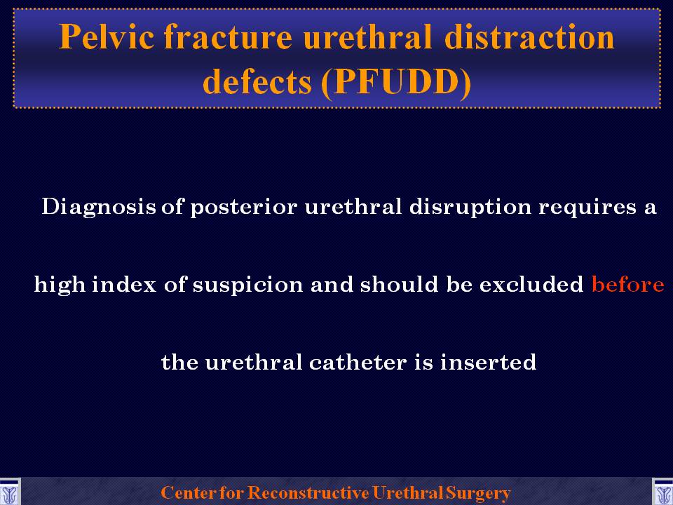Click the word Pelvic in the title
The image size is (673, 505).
point(107,37)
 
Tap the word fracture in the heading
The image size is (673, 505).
point(229,36)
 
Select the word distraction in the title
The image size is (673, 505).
point(530,36)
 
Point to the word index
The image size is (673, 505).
point(124,284)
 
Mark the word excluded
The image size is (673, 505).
point(531,284)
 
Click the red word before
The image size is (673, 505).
point(628,284)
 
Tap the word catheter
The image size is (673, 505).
point(358,362)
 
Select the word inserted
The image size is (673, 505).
point(489,362)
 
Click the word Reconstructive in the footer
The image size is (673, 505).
point(308,492)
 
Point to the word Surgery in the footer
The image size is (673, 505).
point(478,493)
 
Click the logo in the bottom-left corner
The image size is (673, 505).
point(9,492)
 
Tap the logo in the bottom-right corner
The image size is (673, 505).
point(662,492)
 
